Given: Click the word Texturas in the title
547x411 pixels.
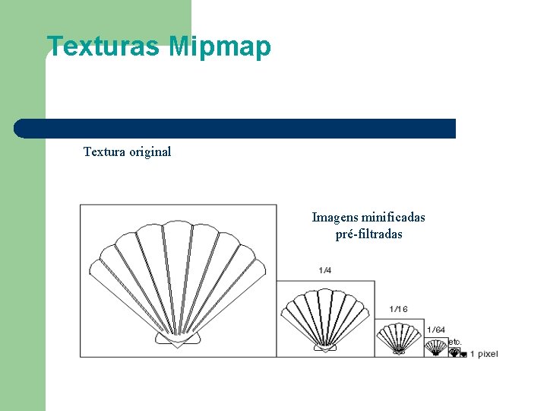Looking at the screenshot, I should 103,47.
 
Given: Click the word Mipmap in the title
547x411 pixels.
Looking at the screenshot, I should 220,47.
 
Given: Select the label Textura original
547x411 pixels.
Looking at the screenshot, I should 127,151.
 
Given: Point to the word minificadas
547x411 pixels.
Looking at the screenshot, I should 393,218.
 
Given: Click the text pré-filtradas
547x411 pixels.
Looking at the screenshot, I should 368,234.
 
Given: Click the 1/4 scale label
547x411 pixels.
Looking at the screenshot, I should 325,270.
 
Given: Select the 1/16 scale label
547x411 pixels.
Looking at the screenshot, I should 398,309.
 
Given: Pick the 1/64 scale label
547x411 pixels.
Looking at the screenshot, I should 436,330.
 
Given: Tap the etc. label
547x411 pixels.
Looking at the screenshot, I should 454,342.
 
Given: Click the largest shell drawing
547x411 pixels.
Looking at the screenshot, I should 178,282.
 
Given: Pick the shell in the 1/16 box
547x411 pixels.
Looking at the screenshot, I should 399,337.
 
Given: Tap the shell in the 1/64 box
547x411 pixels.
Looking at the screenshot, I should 436,347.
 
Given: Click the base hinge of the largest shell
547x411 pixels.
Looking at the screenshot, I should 177,339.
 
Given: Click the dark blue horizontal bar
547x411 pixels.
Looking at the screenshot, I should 236,129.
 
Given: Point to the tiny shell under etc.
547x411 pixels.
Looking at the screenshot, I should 454,352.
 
